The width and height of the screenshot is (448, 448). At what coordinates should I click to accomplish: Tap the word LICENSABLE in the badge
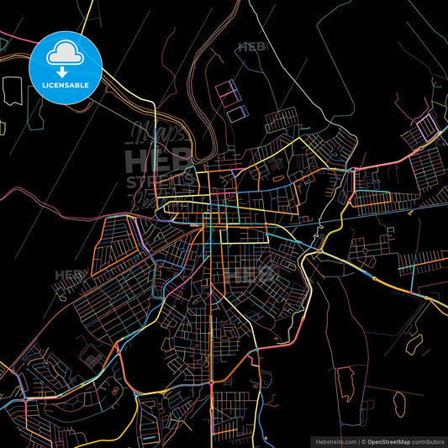[66, 86]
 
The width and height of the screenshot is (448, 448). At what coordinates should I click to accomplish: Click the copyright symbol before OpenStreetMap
[362, 440]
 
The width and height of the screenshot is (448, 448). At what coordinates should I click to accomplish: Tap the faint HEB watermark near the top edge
[252, 48]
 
